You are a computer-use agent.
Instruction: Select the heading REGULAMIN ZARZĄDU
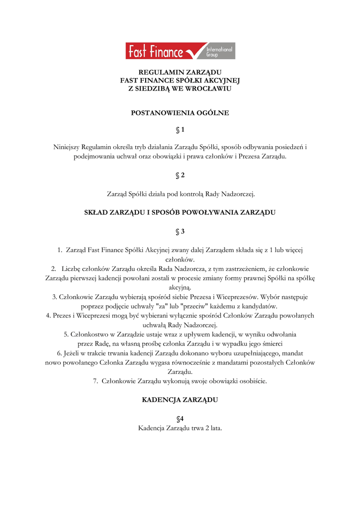(180, 72)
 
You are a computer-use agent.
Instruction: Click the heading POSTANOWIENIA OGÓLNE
(180, 113)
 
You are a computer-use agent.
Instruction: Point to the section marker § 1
(180, 130)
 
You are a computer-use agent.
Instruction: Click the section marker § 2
(180, 175)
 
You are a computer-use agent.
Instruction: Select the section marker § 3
(180, 231)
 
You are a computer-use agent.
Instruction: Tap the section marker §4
(180, 419)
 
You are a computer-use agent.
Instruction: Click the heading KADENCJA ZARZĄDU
(180, 400)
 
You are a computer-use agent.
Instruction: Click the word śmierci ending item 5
(271, 343)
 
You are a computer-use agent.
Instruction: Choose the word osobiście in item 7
(252, 381)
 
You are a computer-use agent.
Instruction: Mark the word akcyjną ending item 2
(180, 287)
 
